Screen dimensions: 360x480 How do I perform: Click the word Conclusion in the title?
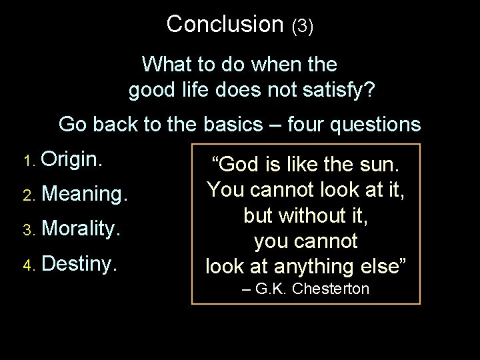click(x=225, y=24)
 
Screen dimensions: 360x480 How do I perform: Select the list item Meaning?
click(x=84, y=195)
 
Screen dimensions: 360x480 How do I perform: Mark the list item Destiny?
click(x=79, y=263)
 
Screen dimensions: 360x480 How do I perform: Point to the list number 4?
click(x=27, y=265)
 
